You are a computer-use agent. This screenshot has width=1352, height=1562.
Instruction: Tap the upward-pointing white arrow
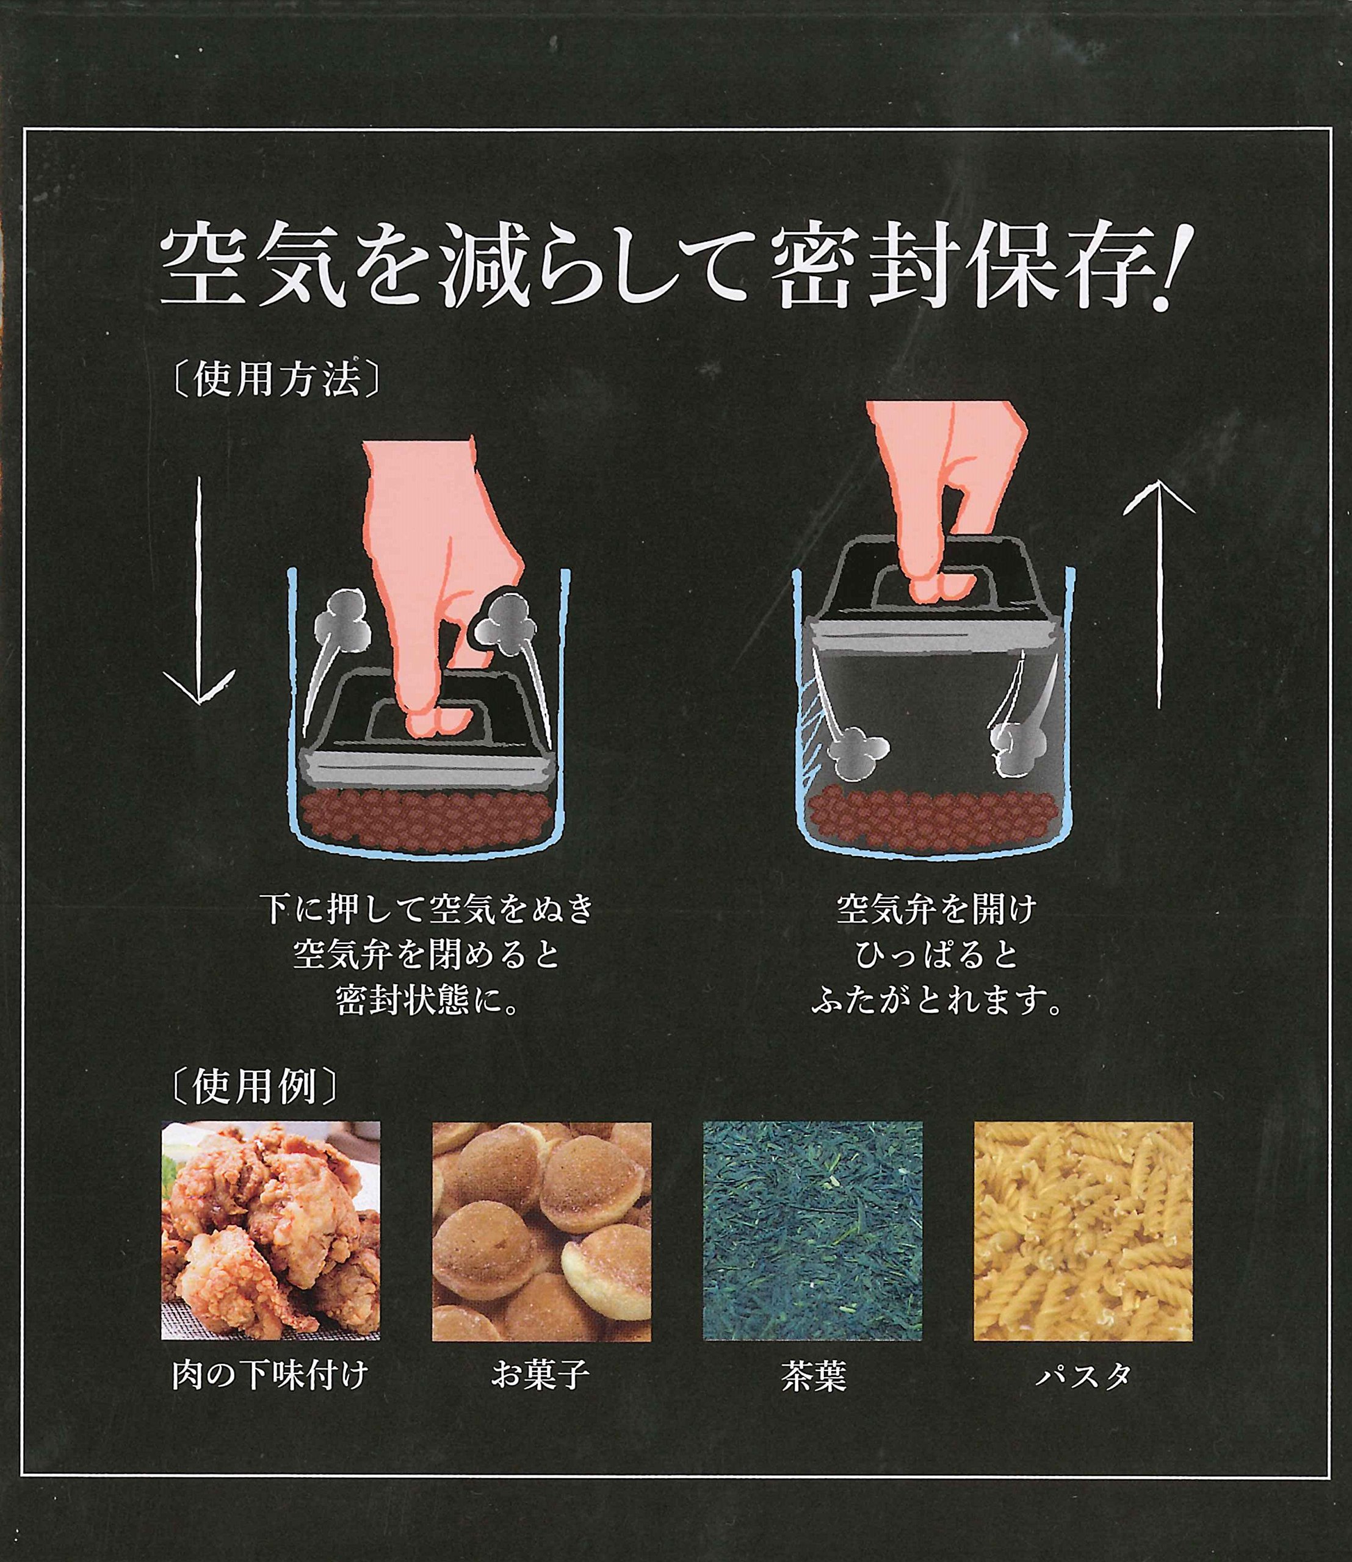[1159, 594]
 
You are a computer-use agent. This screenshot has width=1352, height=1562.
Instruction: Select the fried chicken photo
[271, 1231]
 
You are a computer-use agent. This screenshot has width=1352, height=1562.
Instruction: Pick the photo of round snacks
[541, 1231]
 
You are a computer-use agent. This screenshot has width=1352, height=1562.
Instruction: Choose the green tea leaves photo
[812, 1231]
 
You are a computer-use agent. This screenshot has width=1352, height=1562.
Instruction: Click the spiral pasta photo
[1083, 1231]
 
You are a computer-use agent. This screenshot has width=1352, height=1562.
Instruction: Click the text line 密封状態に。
[427, 1000]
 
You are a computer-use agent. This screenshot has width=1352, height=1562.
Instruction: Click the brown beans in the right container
[934, 818]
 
